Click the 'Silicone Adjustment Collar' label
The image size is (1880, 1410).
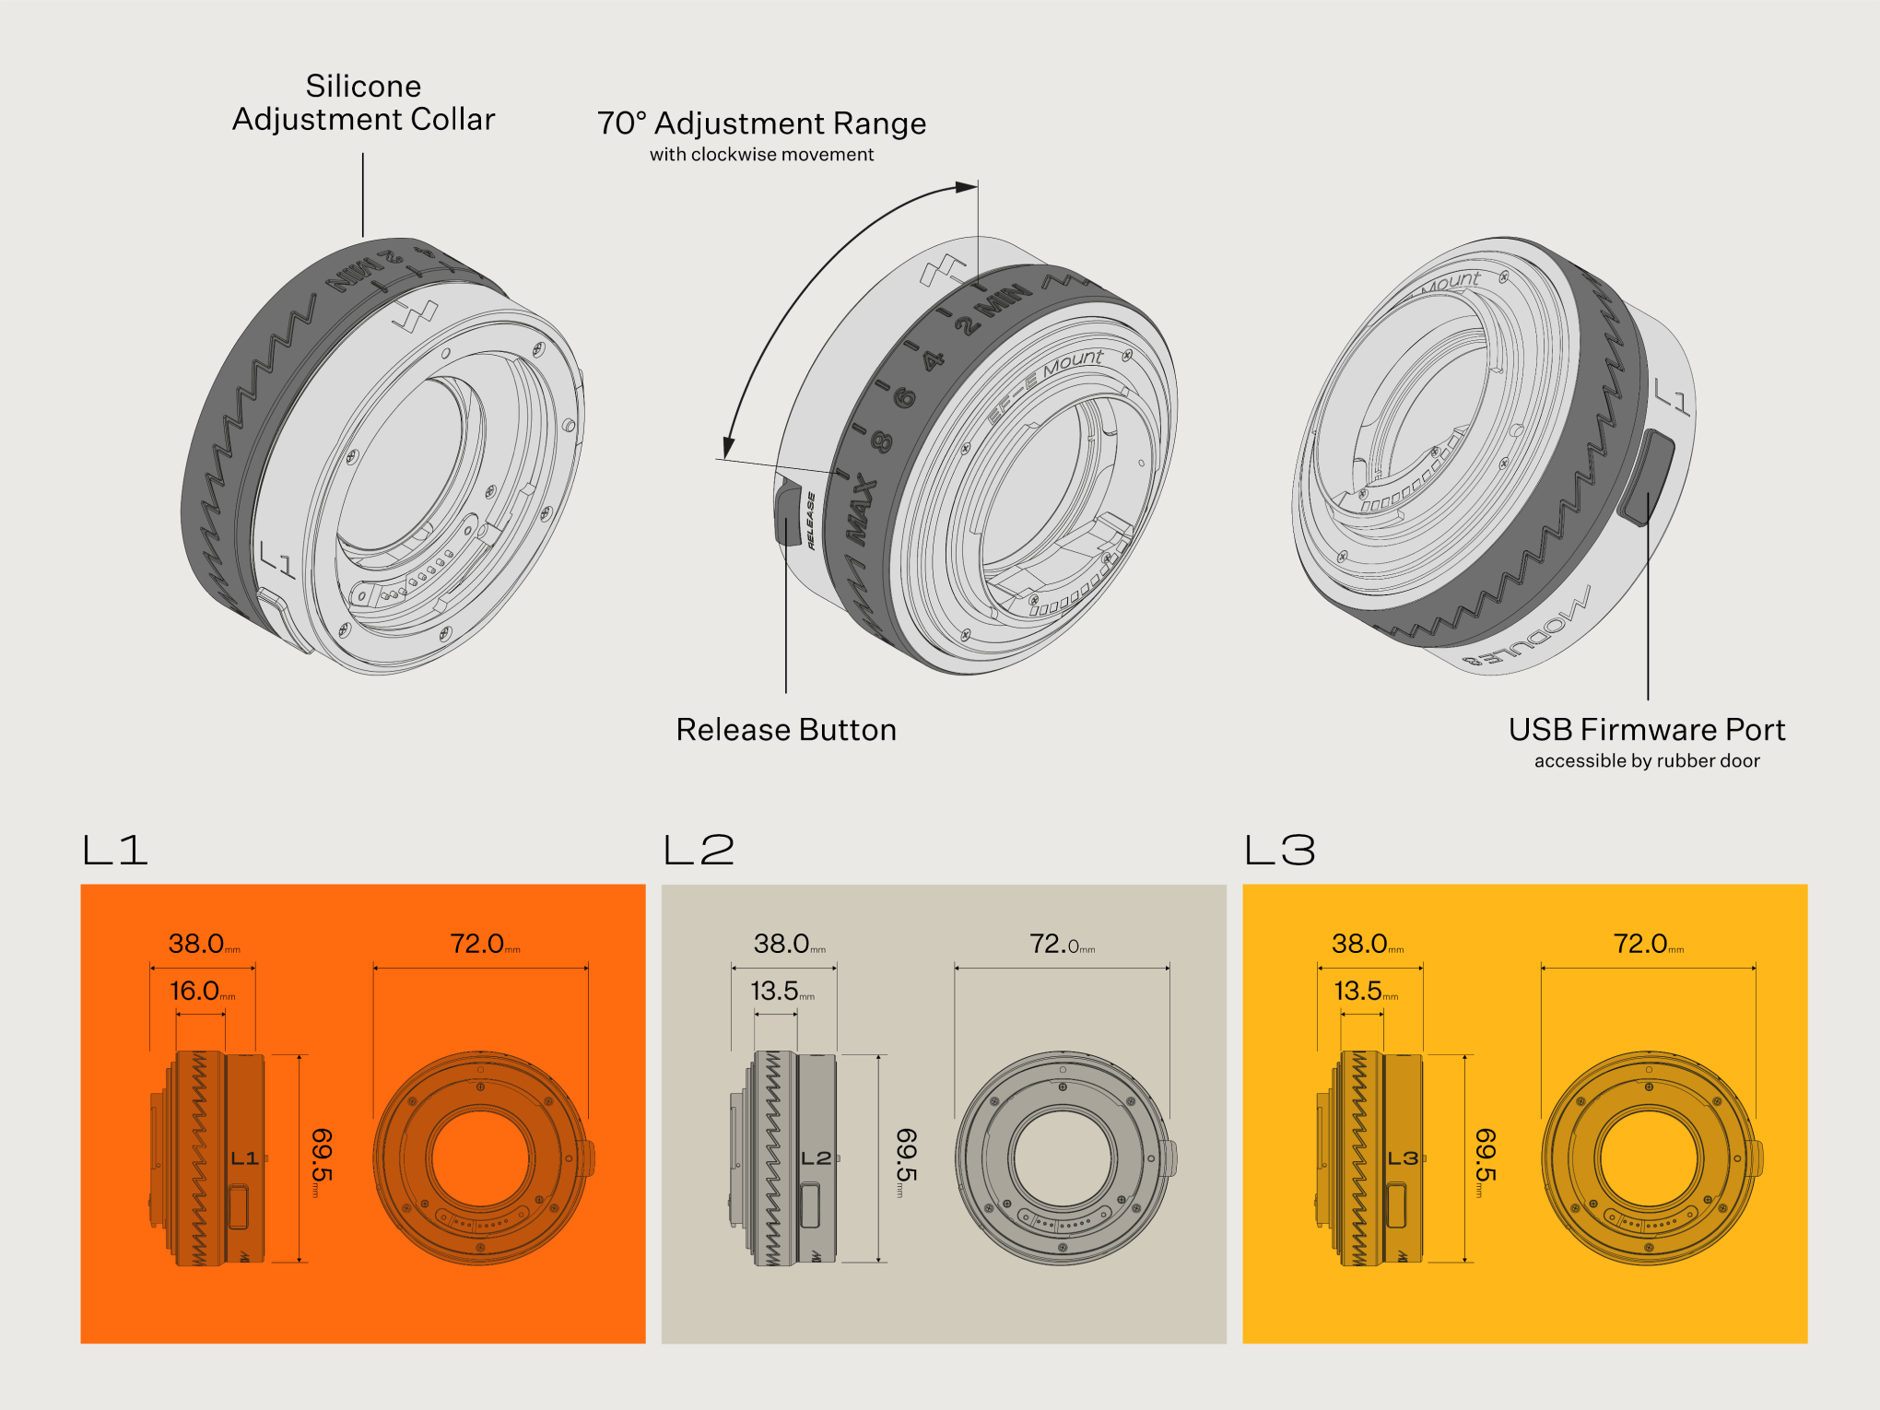(x=363, y=102)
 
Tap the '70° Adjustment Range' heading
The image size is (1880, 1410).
(x=761, y=123)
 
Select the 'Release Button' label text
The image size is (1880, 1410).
(x=785, y=729)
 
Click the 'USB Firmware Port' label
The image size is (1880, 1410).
(x=1646, y=729)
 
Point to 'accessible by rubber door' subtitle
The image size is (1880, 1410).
(x=1646, y=761)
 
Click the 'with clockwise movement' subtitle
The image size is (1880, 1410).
(x=761, y=155)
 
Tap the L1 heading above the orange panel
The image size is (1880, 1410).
(x=115, y=850)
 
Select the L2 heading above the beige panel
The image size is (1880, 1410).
(x=699, y=850)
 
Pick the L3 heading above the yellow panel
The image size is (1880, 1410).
(x=1280, y=850)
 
